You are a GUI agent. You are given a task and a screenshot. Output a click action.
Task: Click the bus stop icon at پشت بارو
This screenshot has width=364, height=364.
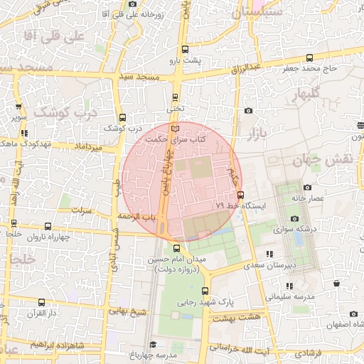click(x=186, y=49)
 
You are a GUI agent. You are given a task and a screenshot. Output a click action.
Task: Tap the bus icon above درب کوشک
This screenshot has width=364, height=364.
click(x=123, y=117)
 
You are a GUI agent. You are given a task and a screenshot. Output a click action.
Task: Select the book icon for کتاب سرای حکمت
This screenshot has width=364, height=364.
click(x=176, y=128)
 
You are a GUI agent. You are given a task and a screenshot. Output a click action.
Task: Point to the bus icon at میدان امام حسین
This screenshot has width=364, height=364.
click(x=177, y=247)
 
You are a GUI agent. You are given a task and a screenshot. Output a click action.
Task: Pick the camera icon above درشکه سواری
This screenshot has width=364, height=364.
click(x=295, y=219)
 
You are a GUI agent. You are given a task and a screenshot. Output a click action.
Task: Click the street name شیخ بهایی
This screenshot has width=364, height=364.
click(x=127, y=311)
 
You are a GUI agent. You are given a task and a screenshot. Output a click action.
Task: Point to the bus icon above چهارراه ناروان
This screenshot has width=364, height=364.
click(x=14, y=223)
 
